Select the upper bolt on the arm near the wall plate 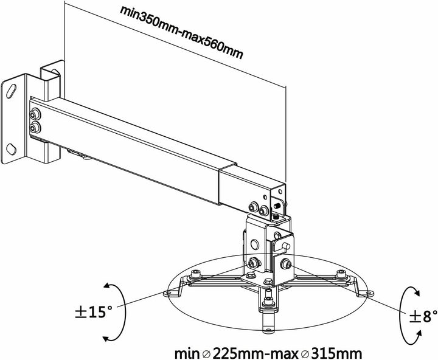tap(36, 114)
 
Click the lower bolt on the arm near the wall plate tap(36, 126)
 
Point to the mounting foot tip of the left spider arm tap(167, 293)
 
